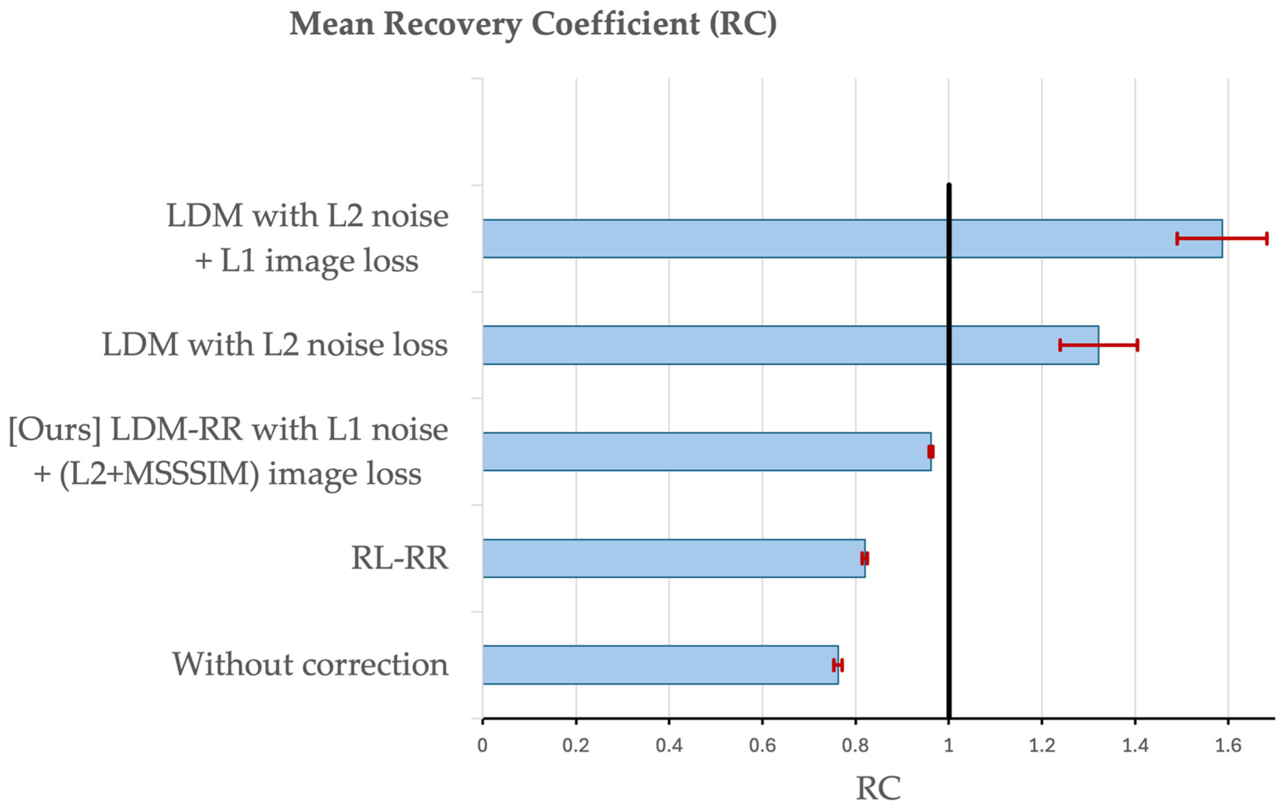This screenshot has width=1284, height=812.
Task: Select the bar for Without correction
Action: pyautogui.click(x=660, y=665)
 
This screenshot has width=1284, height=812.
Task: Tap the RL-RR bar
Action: pyautogui.click(x=674, y=558)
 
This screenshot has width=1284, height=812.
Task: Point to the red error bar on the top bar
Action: pyautogui.click(x=1222, y=239)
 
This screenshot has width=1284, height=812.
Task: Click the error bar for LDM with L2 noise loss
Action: pyautogui.click(x=1099, y=345)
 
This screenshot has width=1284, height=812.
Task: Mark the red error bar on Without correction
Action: pyautogui.click(x=838, y=665)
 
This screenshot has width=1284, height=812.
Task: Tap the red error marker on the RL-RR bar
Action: pyautogui.click(x=865, y=558)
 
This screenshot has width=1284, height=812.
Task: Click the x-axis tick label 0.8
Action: pyautogui.click(x=855, y=745)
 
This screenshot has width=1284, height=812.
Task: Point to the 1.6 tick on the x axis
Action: pyautogui.click(x=1228, y=745)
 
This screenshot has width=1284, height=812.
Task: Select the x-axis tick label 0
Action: pyautogui.click(x=483, y=745)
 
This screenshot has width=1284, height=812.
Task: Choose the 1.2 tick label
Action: pyautogui.click(x=1042, y=745)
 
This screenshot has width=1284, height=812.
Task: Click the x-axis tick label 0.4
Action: pyautogui.click(x=669, y=745)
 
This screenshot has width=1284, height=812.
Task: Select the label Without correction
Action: pyautogui.click(x=310, y=665)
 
